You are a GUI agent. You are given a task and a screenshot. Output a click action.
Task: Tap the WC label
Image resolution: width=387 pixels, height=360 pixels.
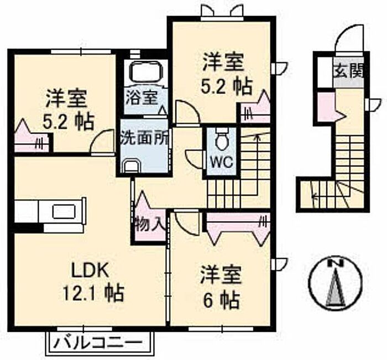click(222, 162)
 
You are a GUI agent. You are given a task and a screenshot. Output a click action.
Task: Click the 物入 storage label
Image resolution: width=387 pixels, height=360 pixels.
click(149, 224)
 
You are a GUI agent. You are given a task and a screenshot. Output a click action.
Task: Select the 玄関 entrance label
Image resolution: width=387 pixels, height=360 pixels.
click(348, 70)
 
